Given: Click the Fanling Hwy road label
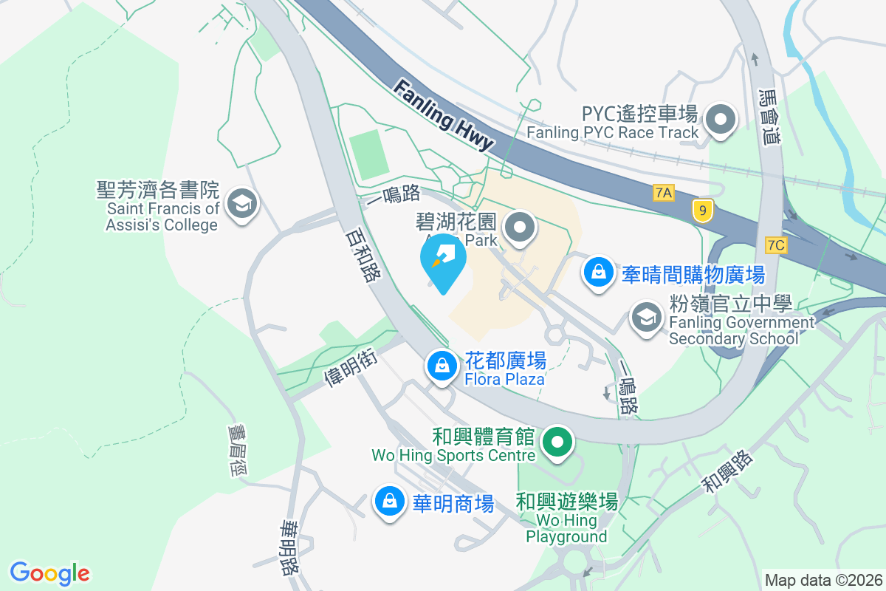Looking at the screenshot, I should click(443, 116).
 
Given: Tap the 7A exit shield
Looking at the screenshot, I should click(664, 193).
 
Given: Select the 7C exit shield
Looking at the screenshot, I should click(776, 245).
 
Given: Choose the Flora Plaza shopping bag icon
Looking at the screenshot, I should click(442, 365).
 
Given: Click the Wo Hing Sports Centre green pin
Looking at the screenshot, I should click(558, 443).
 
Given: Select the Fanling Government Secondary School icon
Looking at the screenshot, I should click(646, 318).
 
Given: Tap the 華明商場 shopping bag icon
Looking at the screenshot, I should click(388, 502).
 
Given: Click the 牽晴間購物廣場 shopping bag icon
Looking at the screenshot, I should click(597, 273).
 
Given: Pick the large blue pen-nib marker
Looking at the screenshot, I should click(443, 259).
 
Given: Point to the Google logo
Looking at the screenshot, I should click(49, 573).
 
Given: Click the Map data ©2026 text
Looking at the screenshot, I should click(823, 580).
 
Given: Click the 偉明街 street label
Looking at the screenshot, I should click(351, 368).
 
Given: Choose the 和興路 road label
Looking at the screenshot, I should click(727, 473).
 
